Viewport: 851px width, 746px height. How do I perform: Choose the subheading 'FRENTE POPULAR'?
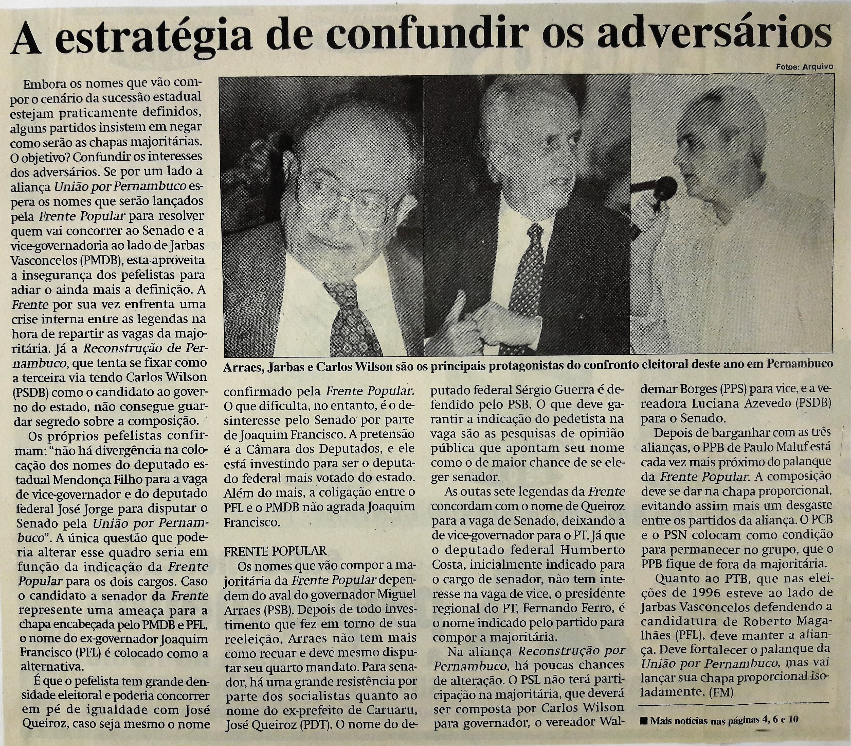[x=275, y=551]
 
